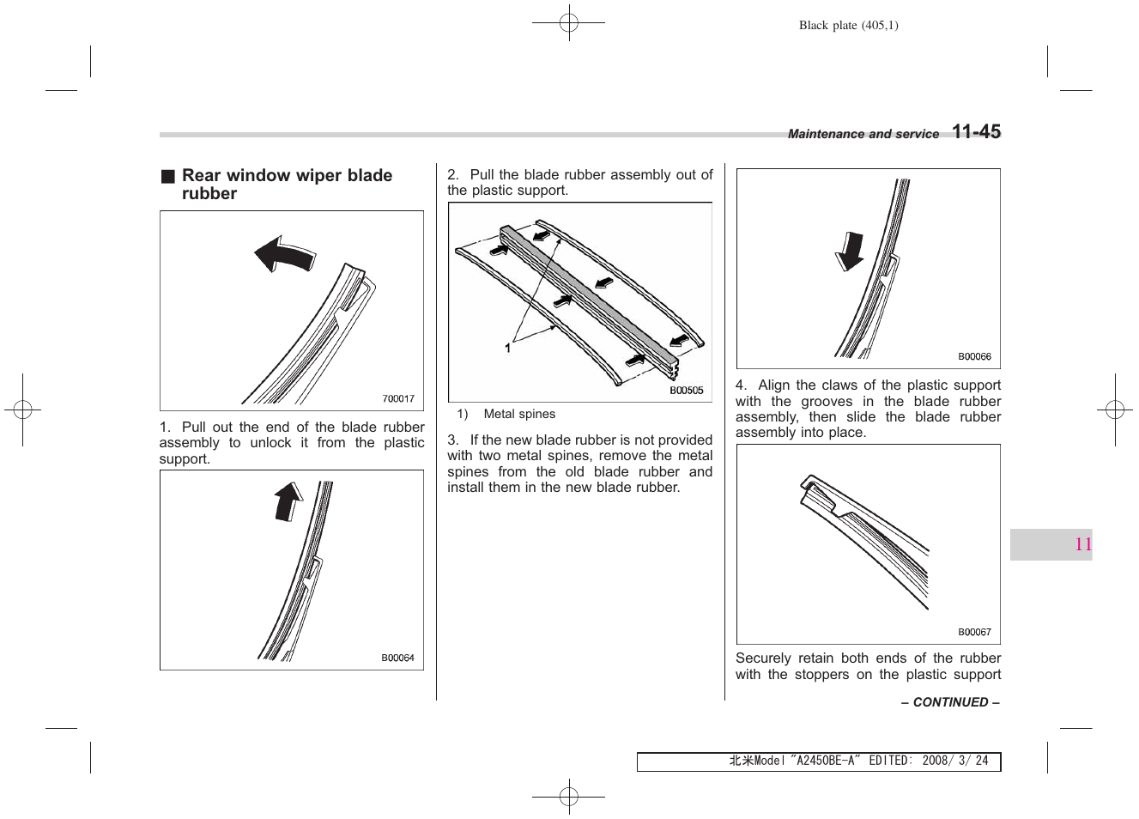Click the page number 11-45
coord(976,132)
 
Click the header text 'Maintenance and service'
coord(863,134)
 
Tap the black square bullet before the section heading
coord(167,176)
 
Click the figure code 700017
coord(398,398)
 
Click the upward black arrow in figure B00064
coord(288,502)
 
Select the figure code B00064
coord(397,658)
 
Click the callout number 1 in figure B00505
coord(507,348)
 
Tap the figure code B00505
coord(686,390)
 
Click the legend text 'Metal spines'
coord(519,414)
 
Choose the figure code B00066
coord(974,356)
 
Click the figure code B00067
coord(974,632)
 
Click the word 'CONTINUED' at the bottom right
coord(950,702)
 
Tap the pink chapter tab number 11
coord(1083,544)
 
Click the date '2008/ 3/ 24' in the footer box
coord(954,761)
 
